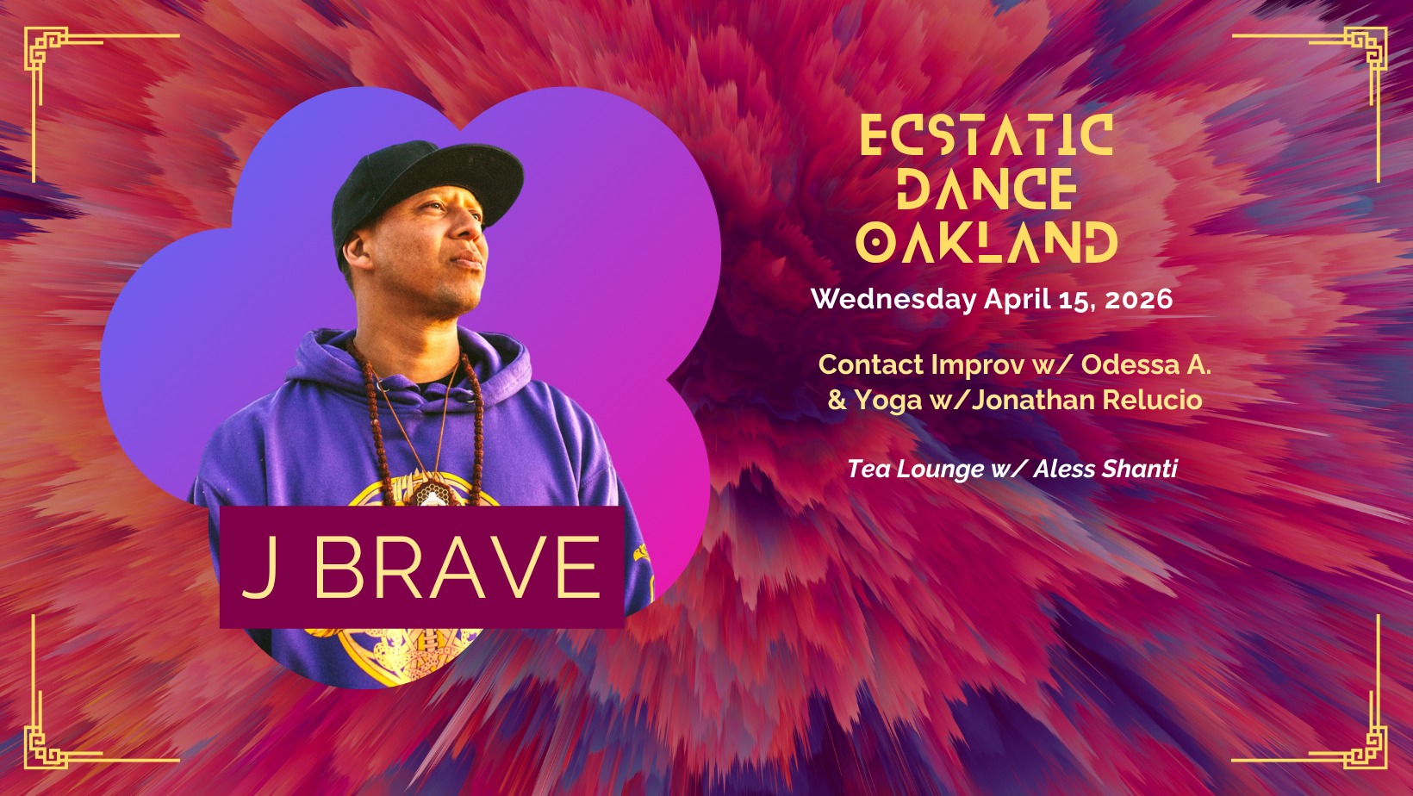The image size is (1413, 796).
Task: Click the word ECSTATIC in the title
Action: [987, 135]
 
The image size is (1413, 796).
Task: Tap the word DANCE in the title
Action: [987, 189]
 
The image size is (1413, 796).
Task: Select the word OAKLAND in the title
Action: [987, 242]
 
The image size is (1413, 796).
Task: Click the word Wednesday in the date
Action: [893, 300]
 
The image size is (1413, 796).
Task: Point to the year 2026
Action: [1139, 299]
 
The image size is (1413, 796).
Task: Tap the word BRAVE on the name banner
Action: [457, 567]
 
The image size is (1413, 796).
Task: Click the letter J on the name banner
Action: [260, 568]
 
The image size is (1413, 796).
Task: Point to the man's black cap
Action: [426, 187]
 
